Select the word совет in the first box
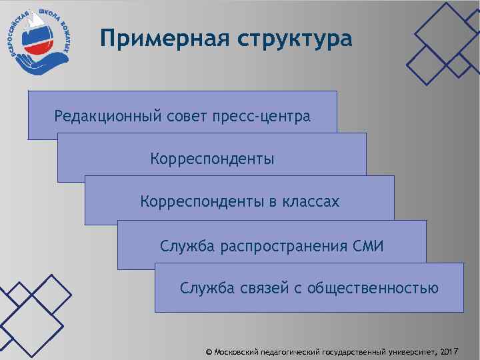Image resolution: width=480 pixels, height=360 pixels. click(187, 117)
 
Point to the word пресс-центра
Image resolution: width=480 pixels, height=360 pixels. click(261, 117)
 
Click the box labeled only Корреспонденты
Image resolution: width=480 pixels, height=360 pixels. click(212, 159)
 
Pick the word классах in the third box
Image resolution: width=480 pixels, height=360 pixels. click(307, 201)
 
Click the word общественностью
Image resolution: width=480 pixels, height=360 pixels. click(373, 289)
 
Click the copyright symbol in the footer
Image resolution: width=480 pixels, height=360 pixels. click(209, 351)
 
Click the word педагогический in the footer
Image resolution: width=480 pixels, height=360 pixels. click(292, 351)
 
